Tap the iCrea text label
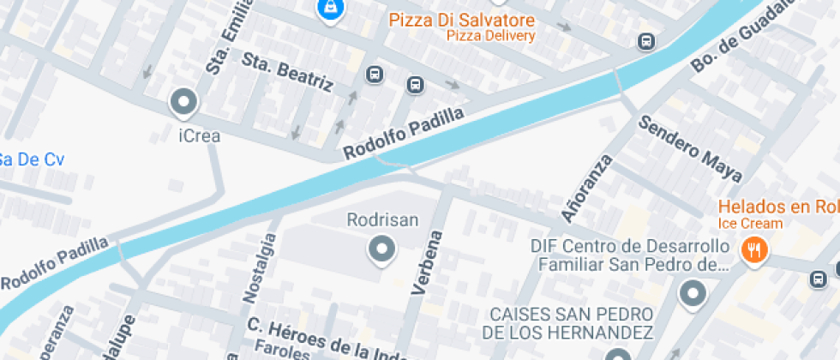[x=200, y=135]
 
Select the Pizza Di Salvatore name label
[x=461, y=20]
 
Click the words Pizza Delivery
[x=490, y=36]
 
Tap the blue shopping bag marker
[x=329, y=9]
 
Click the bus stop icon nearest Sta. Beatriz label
[x=375, y=75]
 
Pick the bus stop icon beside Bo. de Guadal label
[x=645, y=41]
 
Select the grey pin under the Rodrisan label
[x=381, y=250]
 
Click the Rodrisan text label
[x=382, y=220]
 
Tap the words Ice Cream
[x=750, y=224]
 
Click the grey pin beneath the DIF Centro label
[x=692, y=294]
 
